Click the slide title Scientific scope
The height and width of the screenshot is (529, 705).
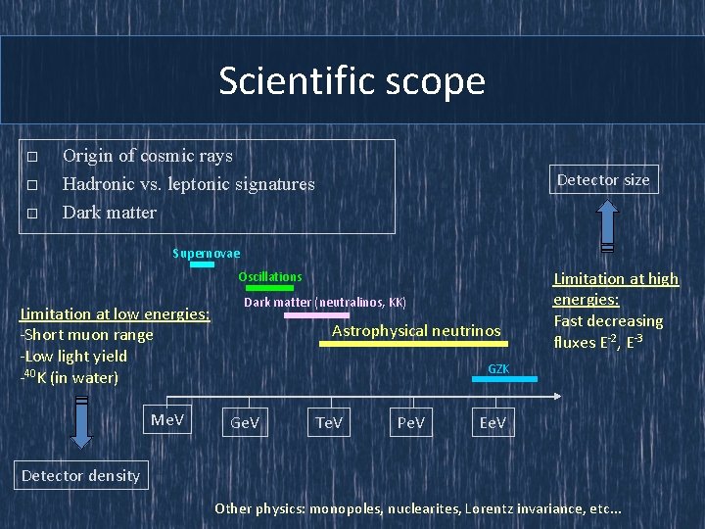352,80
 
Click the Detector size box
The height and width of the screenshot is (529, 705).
602,179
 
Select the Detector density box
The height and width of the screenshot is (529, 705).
81,475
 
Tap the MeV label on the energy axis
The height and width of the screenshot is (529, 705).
166,420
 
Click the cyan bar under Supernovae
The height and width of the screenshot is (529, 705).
202,264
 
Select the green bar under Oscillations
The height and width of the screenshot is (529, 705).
269,288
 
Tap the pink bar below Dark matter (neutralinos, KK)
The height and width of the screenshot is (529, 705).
316,315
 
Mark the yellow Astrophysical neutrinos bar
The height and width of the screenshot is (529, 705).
413,344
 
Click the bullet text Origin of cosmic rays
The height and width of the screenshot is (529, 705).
147,156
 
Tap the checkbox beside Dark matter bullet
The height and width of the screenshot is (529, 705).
32,213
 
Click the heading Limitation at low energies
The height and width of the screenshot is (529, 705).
116,313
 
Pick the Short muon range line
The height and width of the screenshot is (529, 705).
88,335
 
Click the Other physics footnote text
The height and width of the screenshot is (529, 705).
417,508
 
